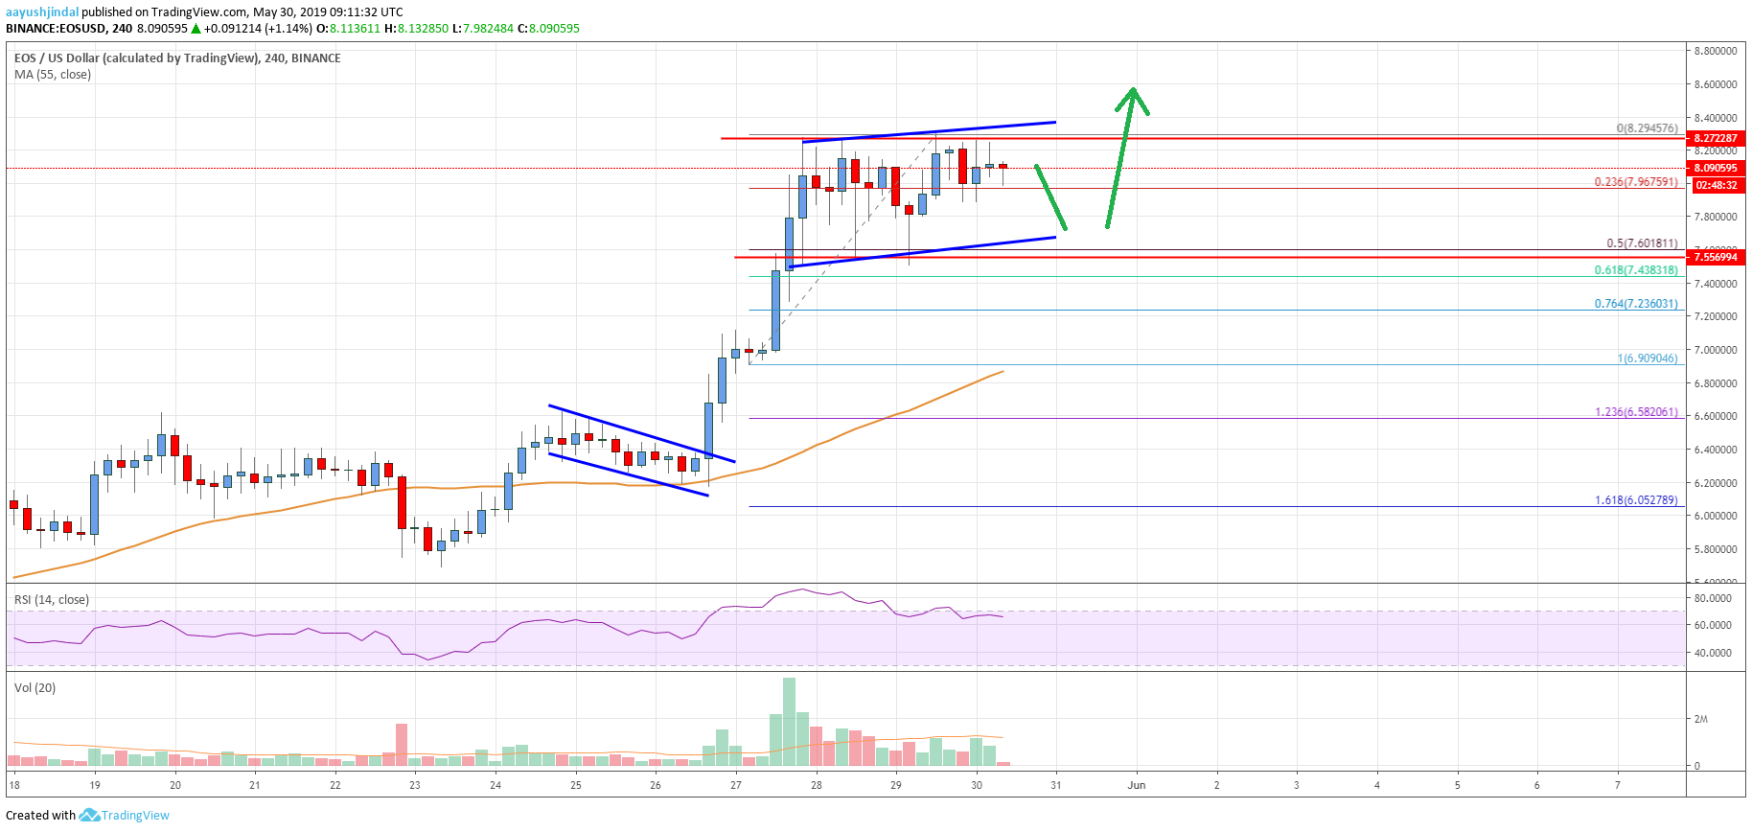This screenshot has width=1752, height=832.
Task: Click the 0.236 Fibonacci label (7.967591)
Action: (x=1635, y=182)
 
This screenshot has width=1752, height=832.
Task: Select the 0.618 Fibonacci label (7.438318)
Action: (x=1635, y=270)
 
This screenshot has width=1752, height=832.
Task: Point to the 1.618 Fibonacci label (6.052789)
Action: (x=1635, y=500)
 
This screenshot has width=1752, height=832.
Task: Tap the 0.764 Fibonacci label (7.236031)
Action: (x=1635, y=304)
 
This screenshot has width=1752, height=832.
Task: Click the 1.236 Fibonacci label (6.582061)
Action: (x=1635, y=412)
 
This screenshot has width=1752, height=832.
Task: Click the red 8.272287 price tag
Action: (x=1715, y=138)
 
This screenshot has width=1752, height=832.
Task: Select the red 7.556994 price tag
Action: (x=1715, y=257)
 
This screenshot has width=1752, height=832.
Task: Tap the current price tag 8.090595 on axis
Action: (x=1715, y=168)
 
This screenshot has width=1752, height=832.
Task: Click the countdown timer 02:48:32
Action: (x=1716, y=185)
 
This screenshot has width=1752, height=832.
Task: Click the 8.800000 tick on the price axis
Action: (x=1715, y=51)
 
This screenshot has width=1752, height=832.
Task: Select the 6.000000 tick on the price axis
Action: (x=1715, y=516)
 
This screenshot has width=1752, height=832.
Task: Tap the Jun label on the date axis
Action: (x=1137, y=785)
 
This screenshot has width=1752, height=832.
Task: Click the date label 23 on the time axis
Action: (x=415, y=785)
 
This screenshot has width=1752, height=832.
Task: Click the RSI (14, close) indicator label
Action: (x=52, y=600)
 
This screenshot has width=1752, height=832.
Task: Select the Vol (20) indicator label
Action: (x=35, y=688)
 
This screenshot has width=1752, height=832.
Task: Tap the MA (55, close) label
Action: (x=53, y=75)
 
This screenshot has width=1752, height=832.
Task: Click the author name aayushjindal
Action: (x=42, y=12)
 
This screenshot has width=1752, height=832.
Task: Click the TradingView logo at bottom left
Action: (x=125, y=816)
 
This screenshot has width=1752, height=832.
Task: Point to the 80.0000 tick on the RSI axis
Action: (x=1713, y=598)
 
